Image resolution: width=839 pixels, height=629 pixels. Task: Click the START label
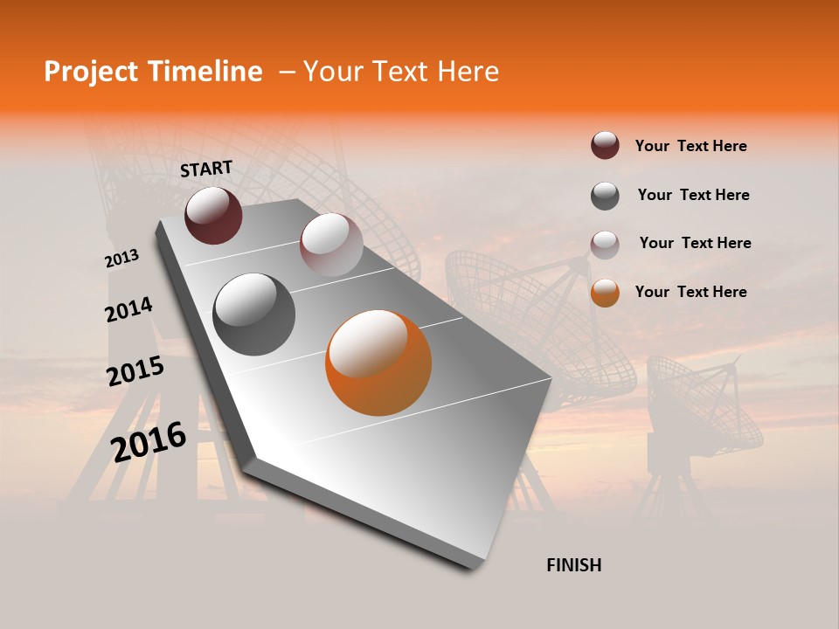[x=206, y=169]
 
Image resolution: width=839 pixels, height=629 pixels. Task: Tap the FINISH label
[x=573, y=565]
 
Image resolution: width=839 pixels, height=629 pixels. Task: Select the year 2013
[x=121, y=259]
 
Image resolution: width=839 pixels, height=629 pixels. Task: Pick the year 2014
[x=128, y=309]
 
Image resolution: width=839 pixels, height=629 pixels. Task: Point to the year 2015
[x=135, y=371]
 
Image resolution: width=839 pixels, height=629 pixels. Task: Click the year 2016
[x=149, y=441]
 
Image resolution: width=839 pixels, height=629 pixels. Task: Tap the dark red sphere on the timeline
[x=213, y=215]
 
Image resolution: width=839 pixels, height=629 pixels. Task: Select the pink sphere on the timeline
[x=330, y=245]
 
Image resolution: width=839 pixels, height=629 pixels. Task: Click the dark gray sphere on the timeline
[x=253, y=314]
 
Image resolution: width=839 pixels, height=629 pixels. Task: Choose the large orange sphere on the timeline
[x=378, y=363]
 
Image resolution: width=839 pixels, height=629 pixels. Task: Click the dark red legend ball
[x=605, y=146]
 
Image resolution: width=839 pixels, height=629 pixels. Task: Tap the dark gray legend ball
[x=605, y=196]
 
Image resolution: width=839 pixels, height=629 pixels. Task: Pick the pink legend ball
[x=605, y=245]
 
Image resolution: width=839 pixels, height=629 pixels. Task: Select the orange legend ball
[x=605, y=293]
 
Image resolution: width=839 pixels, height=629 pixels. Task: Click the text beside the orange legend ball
[x=690, y=292]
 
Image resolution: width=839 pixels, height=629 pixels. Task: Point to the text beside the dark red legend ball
[x=690, y=146]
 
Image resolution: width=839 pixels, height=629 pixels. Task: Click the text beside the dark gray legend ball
[x=693, y=195]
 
